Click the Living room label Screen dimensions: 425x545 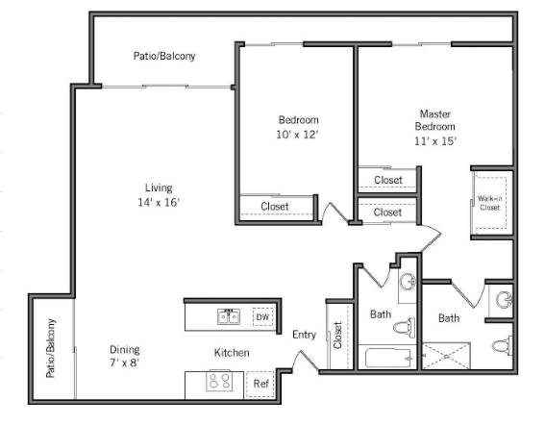tap(158, 187)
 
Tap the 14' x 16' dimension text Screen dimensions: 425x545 tap(158, 202)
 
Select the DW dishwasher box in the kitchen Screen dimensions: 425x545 tap(261, 316)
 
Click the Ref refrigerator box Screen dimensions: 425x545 tap(260, 383)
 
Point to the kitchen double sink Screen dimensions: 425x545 tap(228, 316)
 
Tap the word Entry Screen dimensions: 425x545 tap(304, 334)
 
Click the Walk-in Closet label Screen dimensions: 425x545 tap(490, 203)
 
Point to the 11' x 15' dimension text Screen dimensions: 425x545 tap(434, 140)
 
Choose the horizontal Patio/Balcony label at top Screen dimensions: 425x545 tap(164, 56)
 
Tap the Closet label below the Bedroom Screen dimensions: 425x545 tap(275, 205)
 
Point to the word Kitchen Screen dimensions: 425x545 tap(232, 353)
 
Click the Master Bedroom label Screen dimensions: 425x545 tap(434, 119)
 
